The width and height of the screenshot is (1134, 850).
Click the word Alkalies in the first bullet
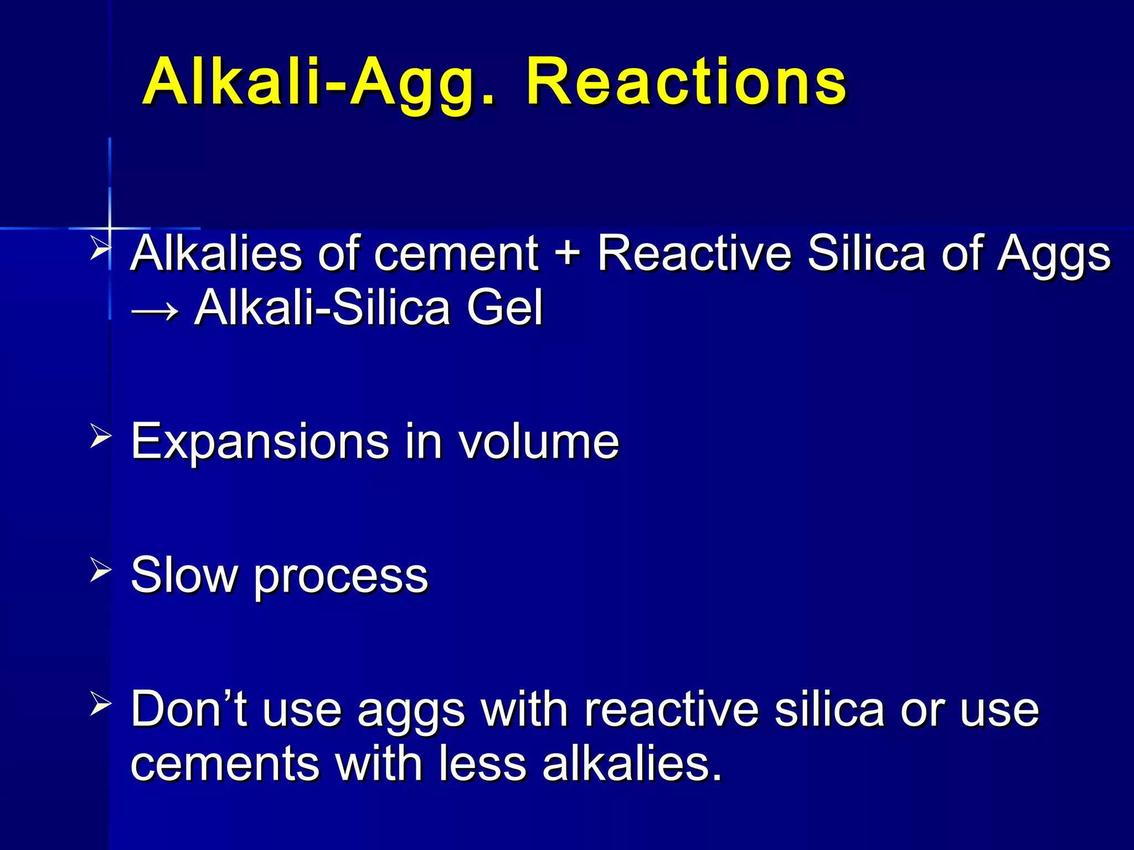tap(217, 253)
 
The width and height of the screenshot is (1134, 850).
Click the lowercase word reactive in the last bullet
tap(672, 709)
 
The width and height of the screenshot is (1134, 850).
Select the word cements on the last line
tap(225, 764)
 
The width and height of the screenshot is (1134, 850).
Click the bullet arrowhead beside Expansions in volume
tap(100, 437)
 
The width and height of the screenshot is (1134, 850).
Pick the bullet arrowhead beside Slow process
tap(100, 570)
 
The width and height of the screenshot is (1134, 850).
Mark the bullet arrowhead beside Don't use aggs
tap(100, 704)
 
